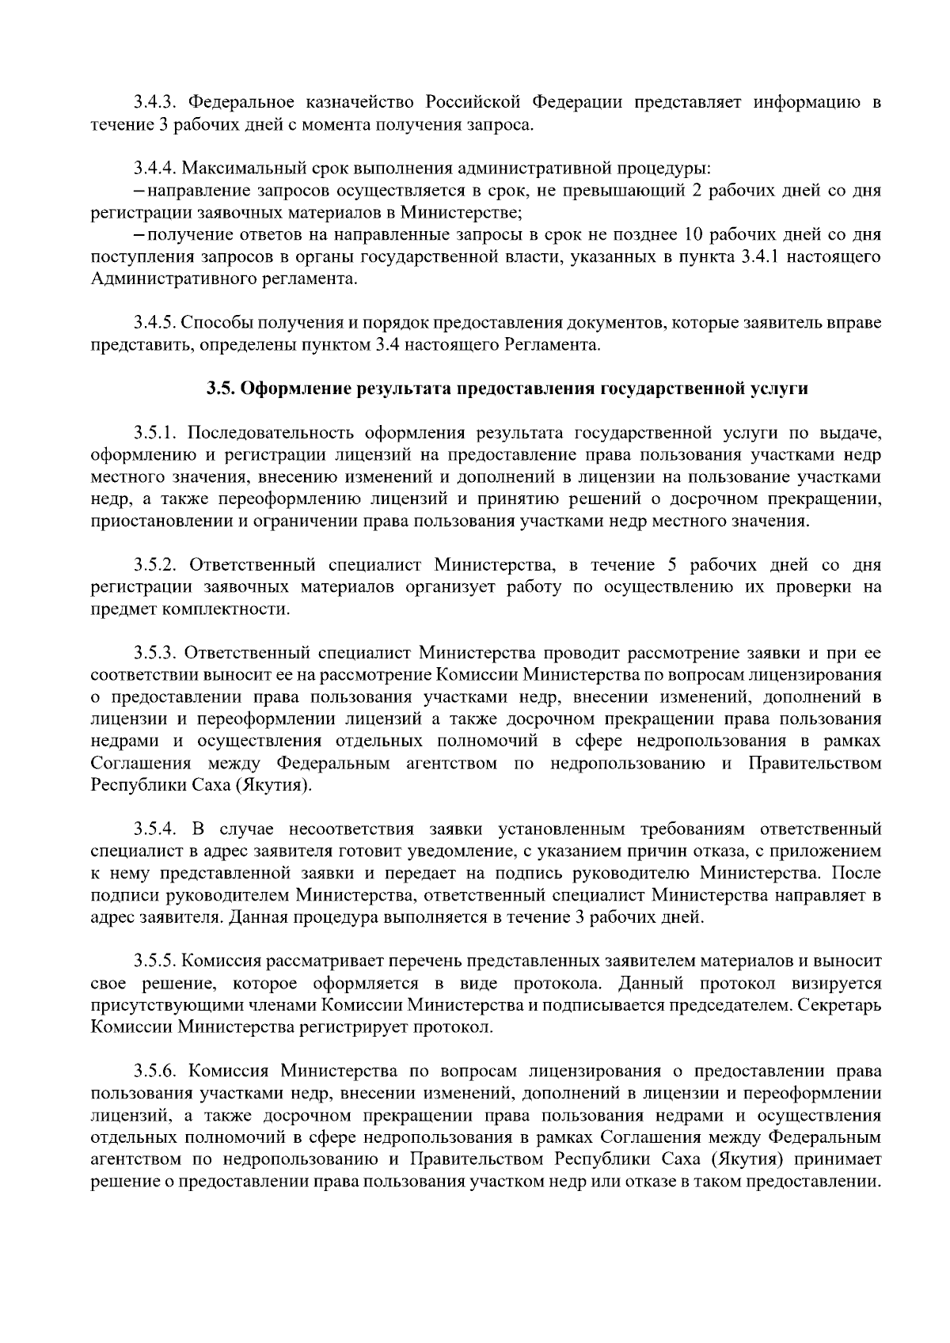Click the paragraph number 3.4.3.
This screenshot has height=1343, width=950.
(x=154, y=103)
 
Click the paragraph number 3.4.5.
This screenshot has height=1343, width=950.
(x=154, y=323)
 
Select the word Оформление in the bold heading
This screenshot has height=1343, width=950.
(x=296, y=389)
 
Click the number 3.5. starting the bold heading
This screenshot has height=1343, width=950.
(x=221, y=389)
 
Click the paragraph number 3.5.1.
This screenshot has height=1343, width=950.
(x=154, y=433)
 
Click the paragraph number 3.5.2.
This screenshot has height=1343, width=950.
(x=154, y=565)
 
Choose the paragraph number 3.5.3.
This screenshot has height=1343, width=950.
(x=154, y=654)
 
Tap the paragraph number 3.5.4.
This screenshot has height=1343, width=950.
(x=154, y=829)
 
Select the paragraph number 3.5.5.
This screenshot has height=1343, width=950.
(x=154, y=962)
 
